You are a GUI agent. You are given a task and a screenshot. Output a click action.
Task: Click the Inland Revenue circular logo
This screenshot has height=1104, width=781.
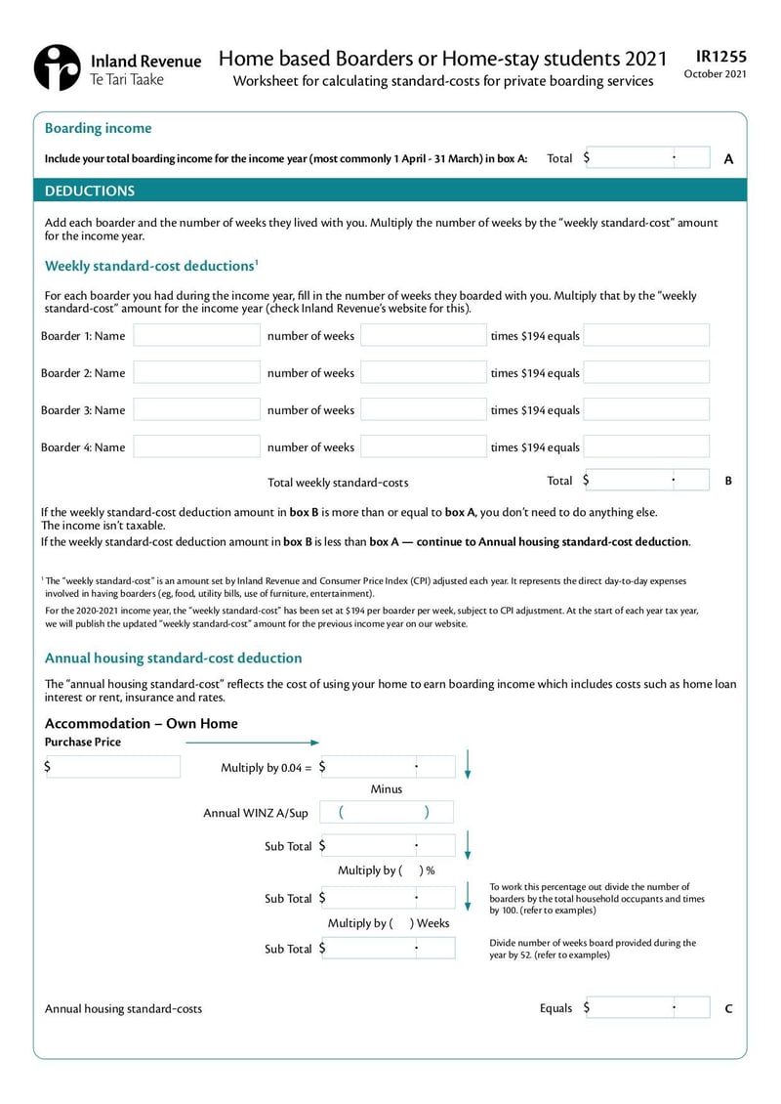coord(57,67)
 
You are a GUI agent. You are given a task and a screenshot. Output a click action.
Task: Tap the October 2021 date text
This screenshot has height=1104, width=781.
coord(716,74)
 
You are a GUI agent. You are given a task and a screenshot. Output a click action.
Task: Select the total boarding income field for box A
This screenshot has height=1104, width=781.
coord(647,158)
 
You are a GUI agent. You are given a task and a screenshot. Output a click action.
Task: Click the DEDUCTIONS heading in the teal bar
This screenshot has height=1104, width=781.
coord(90,191)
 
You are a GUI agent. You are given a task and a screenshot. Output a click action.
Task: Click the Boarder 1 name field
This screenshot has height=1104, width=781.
coord(196,336)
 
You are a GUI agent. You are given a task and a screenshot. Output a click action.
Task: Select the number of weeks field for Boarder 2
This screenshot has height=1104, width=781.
coord(423,373)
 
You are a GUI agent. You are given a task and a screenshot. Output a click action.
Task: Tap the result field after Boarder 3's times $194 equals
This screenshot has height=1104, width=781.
coord(646,410)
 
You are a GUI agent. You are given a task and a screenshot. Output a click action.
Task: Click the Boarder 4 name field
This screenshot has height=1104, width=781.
coord(196,447)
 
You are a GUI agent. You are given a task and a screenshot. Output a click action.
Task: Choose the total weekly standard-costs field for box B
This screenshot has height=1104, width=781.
coord(647,481)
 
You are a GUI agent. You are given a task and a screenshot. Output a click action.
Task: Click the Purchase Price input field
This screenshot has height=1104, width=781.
coord(112,767)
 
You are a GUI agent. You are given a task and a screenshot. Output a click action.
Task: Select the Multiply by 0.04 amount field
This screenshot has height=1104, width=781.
coord(388,767)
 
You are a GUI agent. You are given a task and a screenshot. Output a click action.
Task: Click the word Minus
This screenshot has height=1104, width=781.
coord(387,789)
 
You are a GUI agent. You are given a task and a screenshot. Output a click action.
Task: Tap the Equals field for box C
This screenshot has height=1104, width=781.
coord(647,1007)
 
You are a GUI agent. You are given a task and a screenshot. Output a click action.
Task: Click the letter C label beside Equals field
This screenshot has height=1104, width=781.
coord(728,1008)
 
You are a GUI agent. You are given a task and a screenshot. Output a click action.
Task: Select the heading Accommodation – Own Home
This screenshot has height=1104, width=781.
coord(142,724)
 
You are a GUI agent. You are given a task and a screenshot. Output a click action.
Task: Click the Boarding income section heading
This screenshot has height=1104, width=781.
coord(98,128)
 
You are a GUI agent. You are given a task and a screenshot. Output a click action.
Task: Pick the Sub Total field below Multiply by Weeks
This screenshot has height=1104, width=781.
coord(388,948)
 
